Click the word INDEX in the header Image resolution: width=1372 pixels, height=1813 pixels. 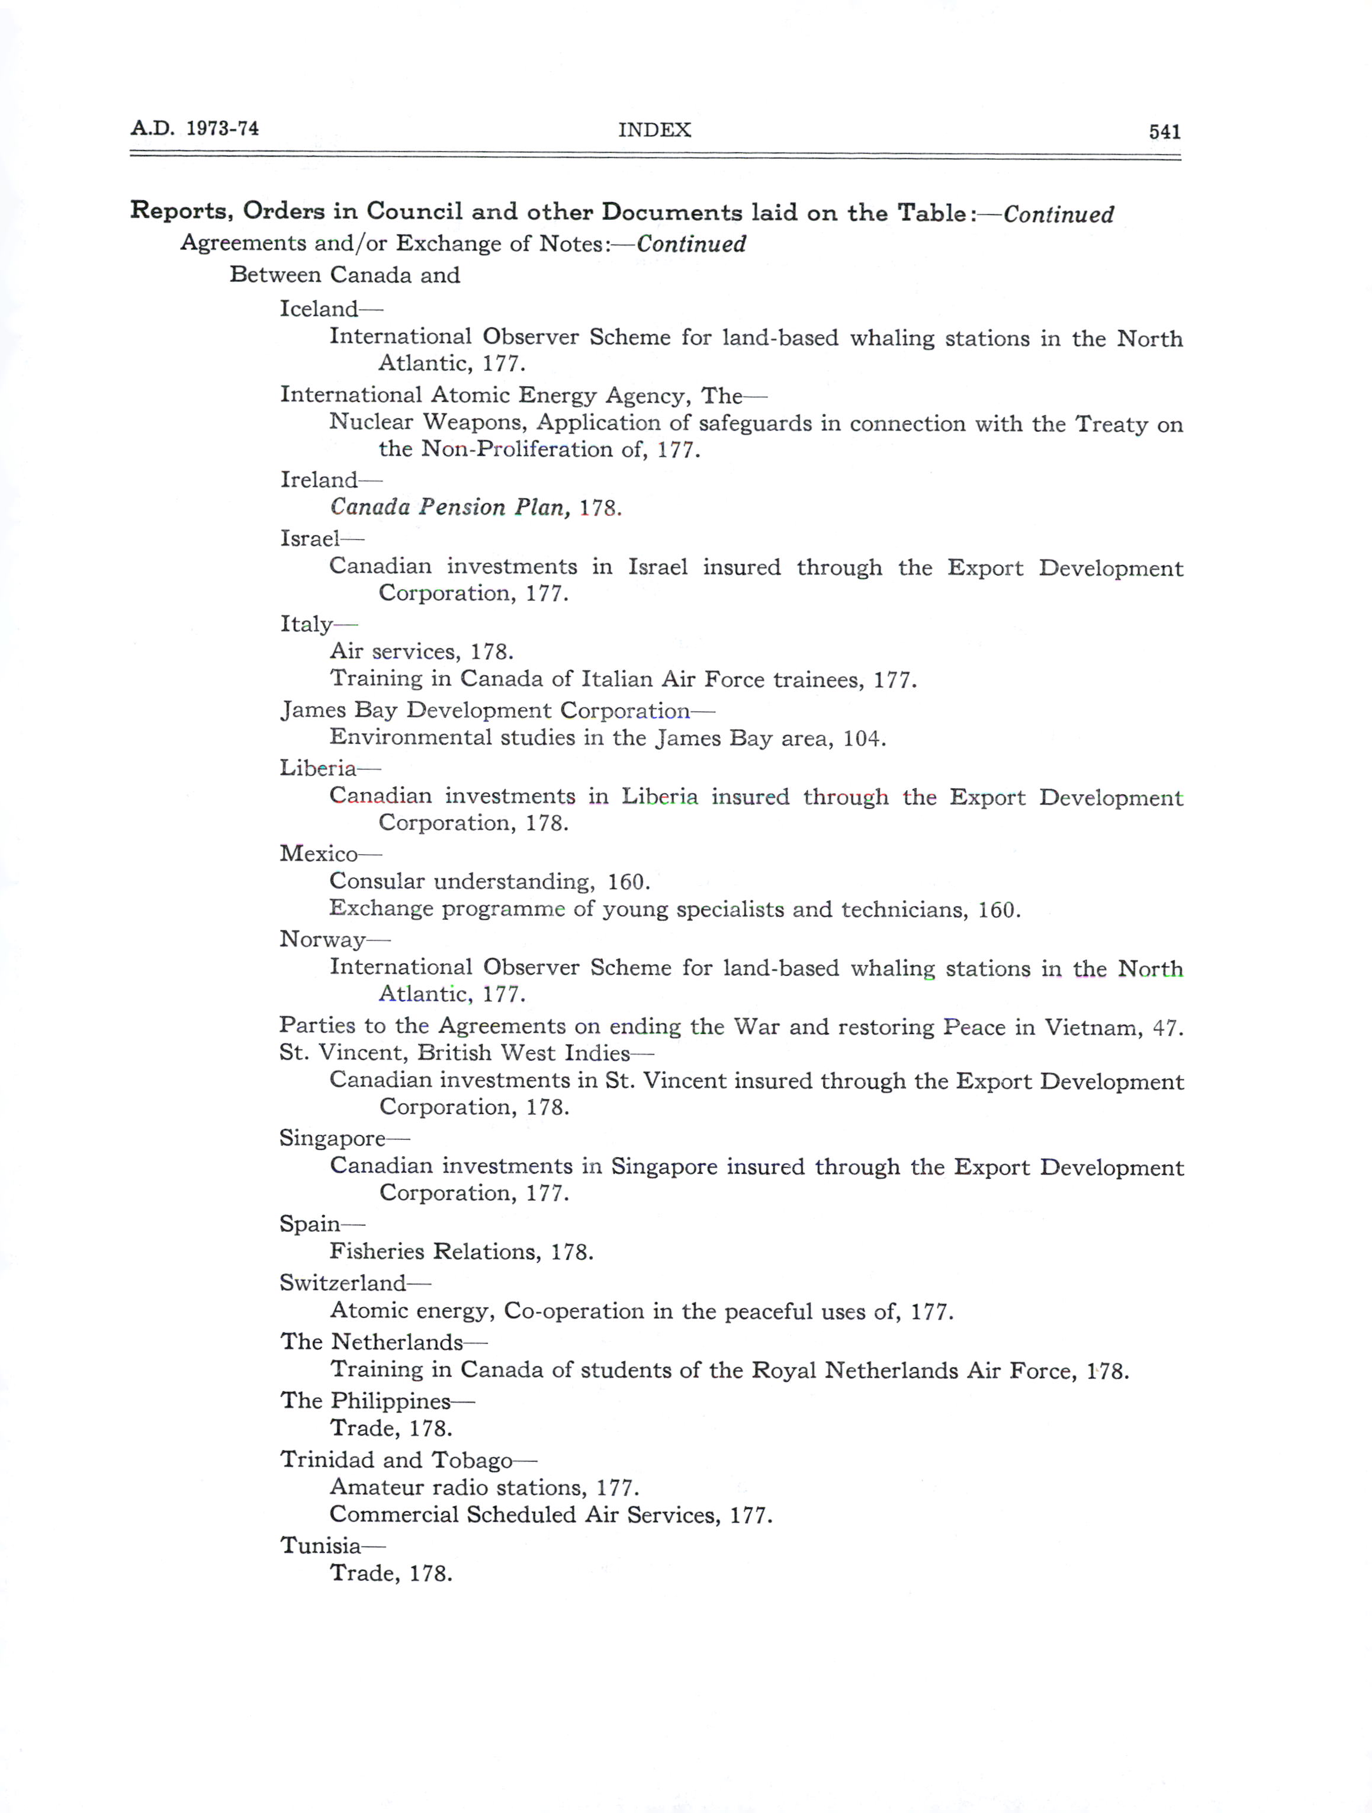(654, 130)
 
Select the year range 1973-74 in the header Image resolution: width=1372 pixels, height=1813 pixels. (222, 129)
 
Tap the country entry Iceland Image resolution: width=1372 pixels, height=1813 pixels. (319, 309)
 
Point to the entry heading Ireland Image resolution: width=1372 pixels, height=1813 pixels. (319, 480)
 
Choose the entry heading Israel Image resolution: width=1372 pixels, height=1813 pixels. (310, 538)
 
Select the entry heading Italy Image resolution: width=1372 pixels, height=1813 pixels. (307, 624)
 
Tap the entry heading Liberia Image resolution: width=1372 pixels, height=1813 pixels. (318, 768)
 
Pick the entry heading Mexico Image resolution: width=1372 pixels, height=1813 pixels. (319, 854)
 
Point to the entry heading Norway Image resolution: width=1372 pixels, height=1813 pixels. (322, 939)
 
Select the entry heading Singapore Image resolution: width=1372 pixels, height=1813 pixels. (332, 1138)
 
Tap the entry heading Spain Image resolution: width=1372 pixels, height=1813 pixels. (310, 1224)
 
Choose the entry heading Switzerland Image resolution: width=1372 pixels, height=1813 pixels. (343, 1283)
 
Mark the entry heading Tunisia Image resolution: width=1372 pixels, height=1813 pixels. (320, 1546)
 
